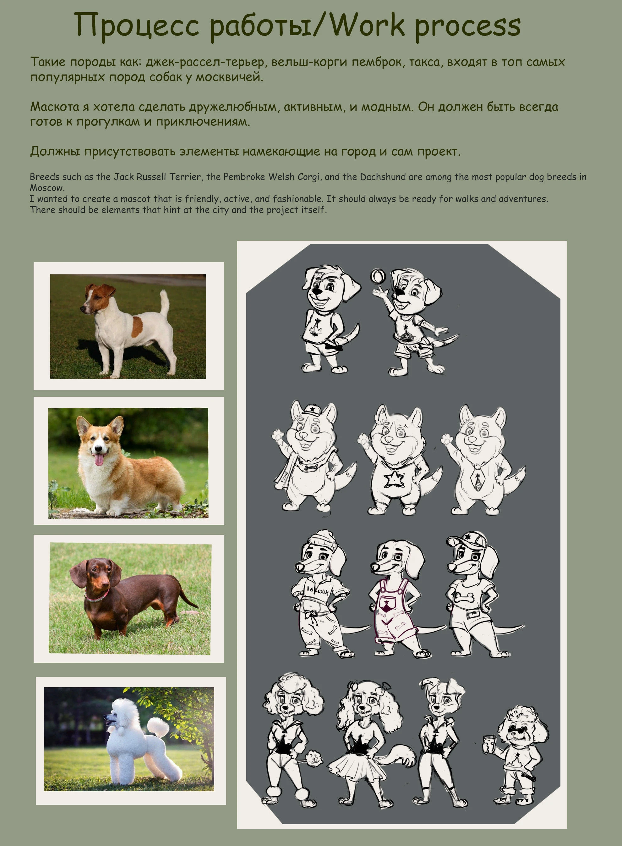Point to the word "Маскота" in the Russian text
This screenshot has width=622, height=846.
[x=55, y=107]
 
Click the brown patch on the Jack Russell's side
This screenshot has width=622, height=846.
[x=137, y=326]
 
